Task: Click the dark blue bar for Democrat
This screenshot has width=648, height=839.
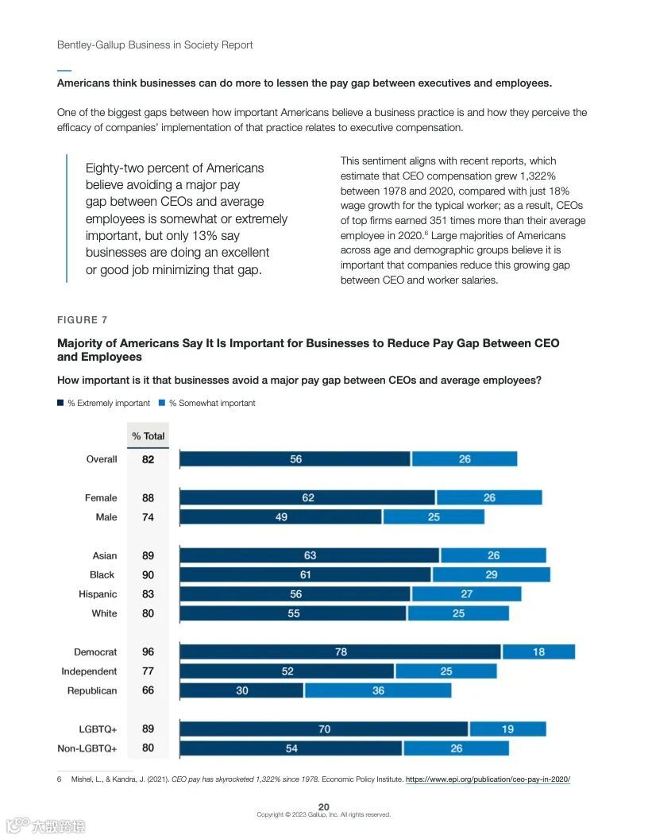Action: click(340, 652)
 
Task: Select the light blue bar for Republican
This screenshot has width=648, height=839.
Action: click(378, 690)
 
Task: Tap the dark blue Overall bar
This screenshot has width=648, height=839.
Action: click(295, 459)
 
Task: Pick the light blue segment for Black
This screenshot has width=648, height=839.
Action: click(491, 574)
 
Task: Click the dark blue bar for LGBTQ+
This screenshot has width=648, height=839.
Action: click(324, 729)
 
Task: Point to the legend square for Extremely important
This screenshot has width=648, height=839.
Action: click(60, 403)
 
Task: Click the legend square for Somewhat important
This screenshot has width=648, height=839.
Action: click(162, 403)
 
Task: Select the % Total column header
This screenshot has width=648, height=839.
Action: click(148, 436)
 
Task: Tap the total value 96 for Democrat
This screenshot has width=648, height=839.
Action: click(148, 652)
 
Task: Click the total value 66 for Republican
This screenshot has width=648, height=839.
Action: click(148, 690)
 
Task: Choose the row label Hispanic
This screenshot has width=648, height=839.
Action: click(98, 594)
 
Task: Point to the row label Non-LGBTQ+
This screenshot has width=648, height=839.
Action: click(87, 748)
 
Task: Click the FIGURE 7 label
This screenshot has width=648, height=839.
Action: click(83, 320)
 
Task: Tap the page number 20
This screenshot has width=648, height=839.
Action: click(324, 806)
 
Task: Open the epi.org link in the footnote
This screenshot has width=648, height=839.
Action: click(488, 779)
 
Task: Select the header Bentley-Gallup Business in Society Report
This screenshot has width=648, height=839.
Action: click(155, 44)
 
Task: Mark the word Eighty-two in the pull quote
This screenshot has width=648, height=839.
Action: click(114, 168)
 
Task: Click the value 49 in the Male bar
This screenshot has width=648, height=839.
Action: click(281, 517)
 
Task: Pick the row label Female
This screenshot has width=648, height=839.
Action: click(101, 498)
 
